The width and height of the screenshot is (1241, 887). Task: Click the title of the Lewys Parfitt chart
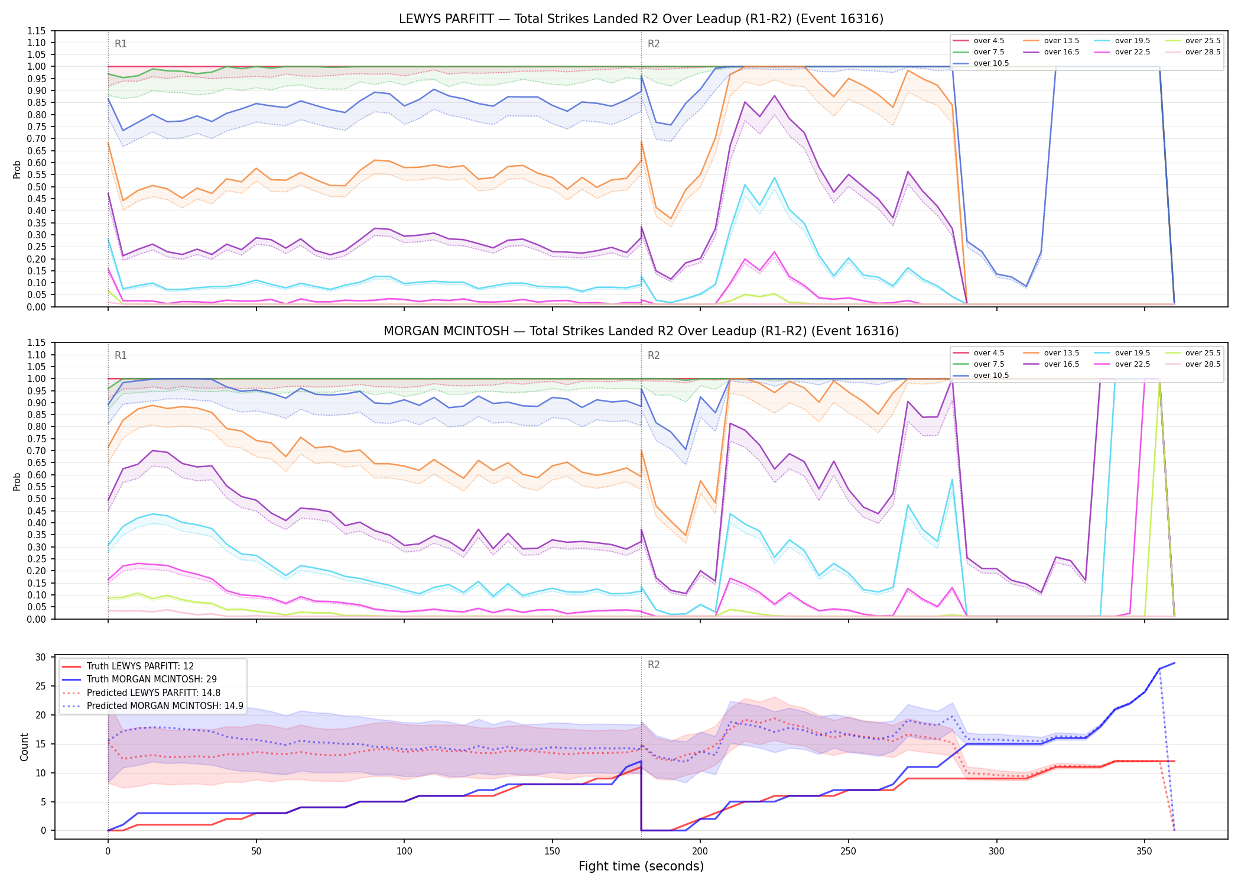click(x=641, y=19)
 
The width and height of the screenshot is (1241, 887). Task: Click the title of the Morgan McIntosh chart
click(x=641, y=331)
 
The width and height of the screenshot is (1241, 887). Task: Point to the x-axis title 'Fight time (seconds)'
click(x=641, y=866)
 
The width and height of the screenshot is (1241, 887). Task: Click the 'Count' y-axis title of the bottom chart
click(x=24, y=747)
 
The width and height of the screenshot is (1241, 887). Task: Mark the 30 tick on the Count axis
click(x=41, y=658)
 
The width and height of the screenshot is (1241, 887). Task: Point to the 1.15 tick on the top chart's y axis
click(x=37, y=31)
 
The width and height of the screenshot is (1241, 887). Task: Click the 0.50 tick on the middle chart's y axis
click(x=37, y=498)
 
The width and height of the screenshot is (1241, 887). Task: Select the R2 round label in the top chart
click(x=654, y=44)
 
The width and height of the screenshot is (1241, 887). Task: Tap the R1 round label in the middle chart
click(x=121, y=355)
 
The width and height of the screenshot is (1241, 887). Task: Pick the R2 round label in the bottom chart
click(x=654, y=665)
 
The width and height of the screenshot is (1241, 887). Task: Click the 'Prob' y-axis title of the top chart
click(x=17, y=169)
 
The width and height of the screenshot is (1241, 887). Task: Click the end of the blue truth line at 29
click(x=1174, y=663)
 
